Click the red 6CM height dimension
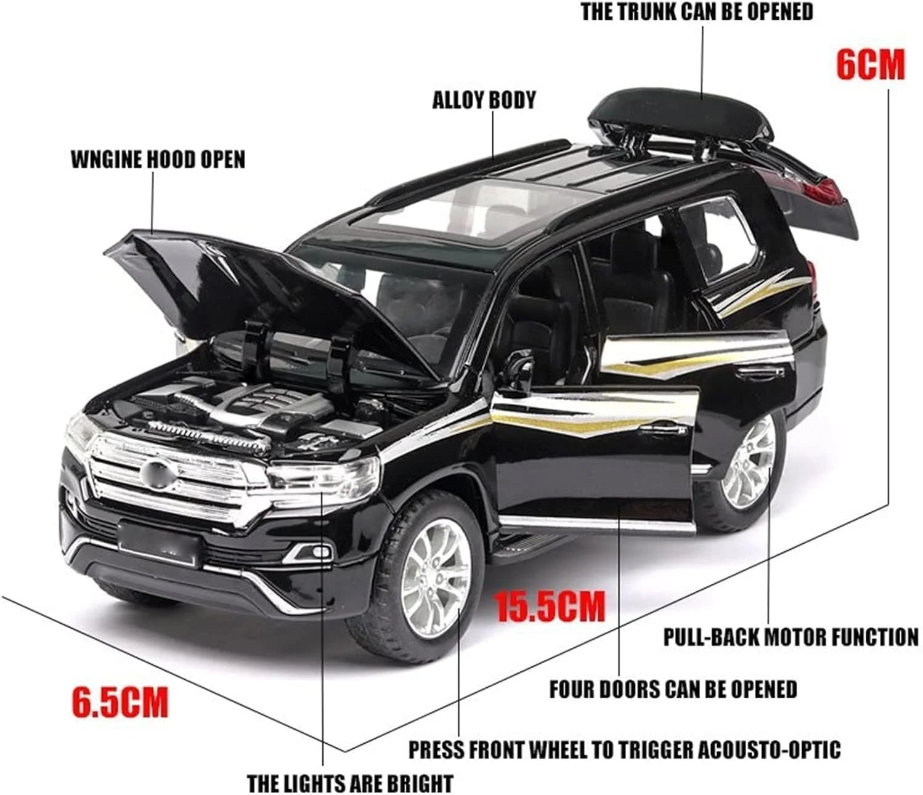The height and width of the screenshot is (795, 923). pyautogui.click(x=869, y=64)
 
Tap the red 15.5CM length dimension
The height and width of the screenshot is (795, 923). pyautogui.click(x=550, y=607)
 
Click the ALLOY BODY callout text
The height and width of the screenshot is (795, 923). pyautogui.click(x=484, y=100)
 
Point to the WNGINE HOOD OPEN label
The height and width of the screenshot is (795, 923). pyautogui.click(x=158, y=159)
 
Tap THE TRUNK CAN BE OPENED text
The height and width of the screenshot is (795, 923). pyautogui.click(x=696, y=12)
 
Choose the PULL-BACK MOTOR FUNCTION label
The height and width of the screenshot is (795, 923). pyautogui.click(x=790, y=637)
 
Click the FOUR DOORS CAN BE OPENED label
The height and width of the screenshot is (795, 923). pyautogui.click(x=673, y=689)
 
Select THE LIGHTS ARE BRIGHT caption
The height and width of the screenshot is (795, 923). pyautogui.click(x=349, y=783)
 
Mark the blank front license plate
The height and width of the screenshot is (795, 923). pyautogui.click(x=158, y=542)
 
